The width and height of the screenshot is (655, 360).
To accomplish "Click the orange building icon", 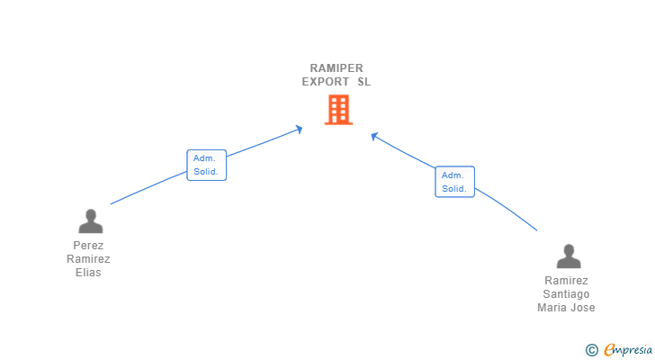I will [x=338, y=110].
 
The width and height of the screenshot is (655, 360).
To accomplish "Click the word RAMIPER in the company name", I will [x=336, y=67].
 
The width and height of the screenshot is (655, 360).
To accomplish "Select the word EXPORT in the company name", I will [x=325, y=81].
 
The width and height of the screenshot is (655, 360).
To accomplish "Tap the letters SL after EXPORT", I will [x=363, y=81].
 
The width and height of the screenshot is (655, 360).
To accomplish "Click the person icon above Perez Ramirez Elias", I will [x=90, y=220].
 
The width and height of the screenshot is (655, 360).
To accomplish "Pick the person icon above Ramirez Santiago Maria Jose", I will [x=568, y=256].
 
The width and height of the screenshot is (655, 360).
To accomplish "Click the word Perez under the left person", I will [x=88, y=245].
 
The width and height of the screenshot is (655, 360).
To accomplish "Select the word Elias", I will [x=88, y=273].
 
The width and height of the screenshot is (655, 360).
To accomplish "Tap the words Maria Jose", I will [x=566, y=307].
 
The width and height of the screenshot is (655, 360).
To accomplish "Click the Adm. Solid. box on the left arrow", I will [x=206, y=165].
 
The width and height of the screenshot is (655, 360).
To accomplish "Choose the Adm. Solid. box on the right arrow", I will [x=454, y=182].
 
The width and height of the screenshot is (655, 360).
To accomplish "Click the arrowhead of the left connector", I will [x=299, y=130].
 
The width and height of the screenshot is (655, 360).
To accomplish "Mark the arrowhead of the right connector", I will [x=374, y=136].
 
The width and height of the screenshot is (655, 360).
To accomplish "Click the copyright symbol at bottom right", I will [x=591, y=350].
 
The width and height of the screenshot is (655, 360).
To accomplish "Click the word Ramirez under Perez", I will [x=88, y=259].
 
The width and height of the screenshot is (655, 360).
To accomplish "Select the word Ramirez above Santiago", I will [x=566, y=280].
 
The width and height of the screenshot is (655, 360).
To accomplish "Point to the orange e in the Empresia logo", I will [x=609, y=350].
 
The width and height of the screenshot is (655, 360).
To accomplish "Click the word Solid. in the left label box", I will [x=206, y=171].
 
